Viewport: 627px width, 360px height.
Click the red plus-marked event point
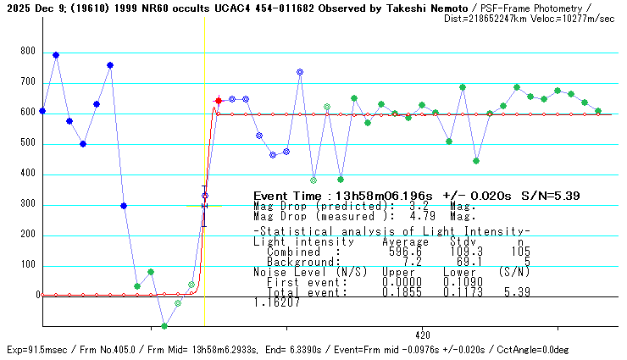(219, 101)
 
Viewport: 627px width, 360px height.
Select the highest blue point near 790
(56, 55)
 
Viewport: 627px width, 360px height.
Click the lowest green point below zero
(164, 326)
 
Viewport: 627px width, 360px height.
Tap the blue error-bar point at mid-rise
(204, 197)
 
